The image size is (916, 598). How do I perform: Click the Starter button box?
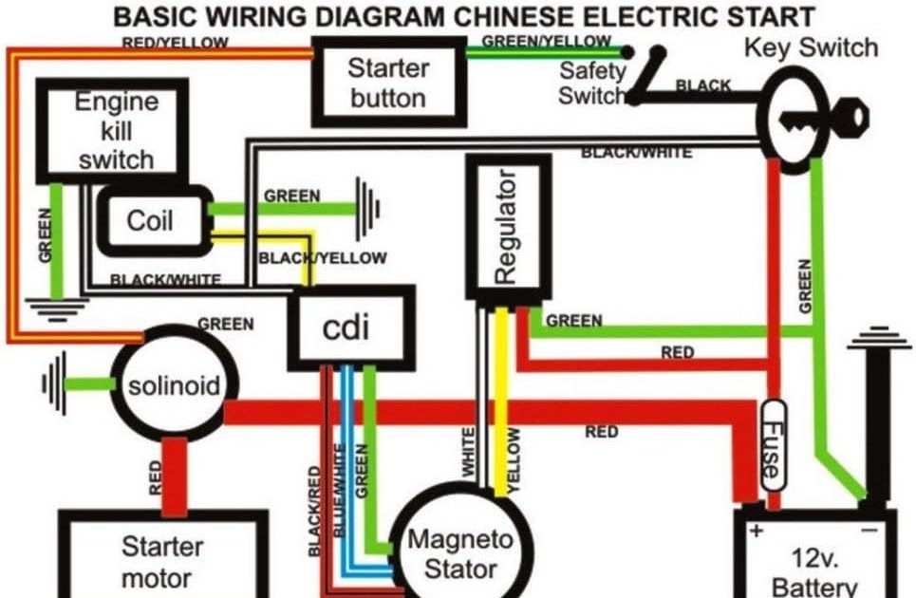(389, 82)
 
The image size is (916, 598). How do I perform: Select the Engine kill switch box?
(112, 131)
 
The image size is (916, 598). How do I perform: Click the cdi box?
(351, 327)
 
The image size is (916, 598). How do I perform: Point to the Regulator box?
(508, 227)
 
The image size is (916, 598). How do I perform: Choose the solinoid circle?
(175, 384)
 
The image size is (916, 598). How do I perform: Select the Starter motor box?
(163, 553)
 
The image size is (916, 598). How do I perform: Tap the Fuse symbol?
(774, 446)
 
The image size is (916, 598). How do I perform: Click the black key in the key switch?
(824, 120)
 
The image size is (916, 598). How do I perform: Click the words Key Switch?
(811, 47)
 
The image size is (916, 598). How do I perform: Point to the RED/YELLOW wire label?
(176, 43)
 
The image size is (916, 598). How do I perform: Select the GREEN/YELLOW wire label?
(547, 41)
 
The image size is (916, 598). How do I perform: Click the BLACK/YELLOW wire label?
(323, 258)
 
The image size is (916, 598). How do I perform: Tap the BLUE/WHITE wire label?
(338, 491)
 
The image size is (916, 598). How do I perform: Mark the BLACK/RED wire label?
(314, 511)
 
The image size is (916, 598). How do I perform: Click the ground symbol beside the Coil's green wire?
(368, 209)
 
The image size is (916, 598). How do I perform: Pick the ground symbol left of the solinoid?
(54, 383)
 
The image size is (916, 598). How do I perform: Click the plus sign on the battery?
(757, 531)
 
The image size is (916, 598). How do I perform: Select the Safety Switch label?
(592, 83)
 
